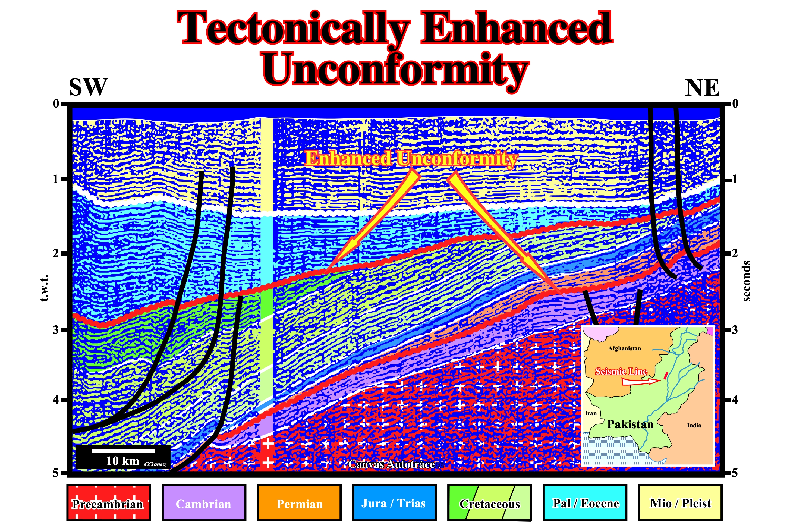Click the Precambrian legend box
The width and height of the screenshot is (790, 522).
click(109, 503)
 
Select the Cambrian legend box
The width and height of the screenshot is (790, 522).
click(204, 503)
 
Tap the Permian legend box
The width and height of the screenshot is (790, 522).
click(299, 503)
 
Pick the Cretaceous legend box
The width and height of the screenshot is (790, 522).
click(490, 503)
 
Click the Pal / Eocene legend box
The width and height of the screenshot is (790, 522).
click(585, 503)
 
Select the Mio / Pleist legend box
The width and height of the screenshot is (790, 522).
click(680, 503)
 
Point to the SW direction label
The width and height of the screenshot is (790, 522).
click(88, 87)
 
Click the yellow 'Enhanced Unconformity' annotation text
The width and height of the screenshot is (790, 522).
click(411, 158)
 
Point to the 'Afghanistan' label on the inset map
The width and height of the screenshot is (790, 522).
click(624, 348)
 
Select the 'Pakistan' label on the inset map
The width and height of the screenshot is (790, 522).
click(630, 424)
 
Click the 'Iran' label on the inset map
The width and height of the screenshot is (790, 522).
click(591, 413)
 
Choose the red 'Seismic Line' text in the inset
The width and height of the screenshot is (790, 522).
click(621, 371)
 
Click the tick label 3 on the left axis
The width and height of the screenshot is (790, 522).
click(55, 330)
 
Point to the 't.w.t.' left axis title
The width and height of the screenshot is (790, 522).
click(44, 288)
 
